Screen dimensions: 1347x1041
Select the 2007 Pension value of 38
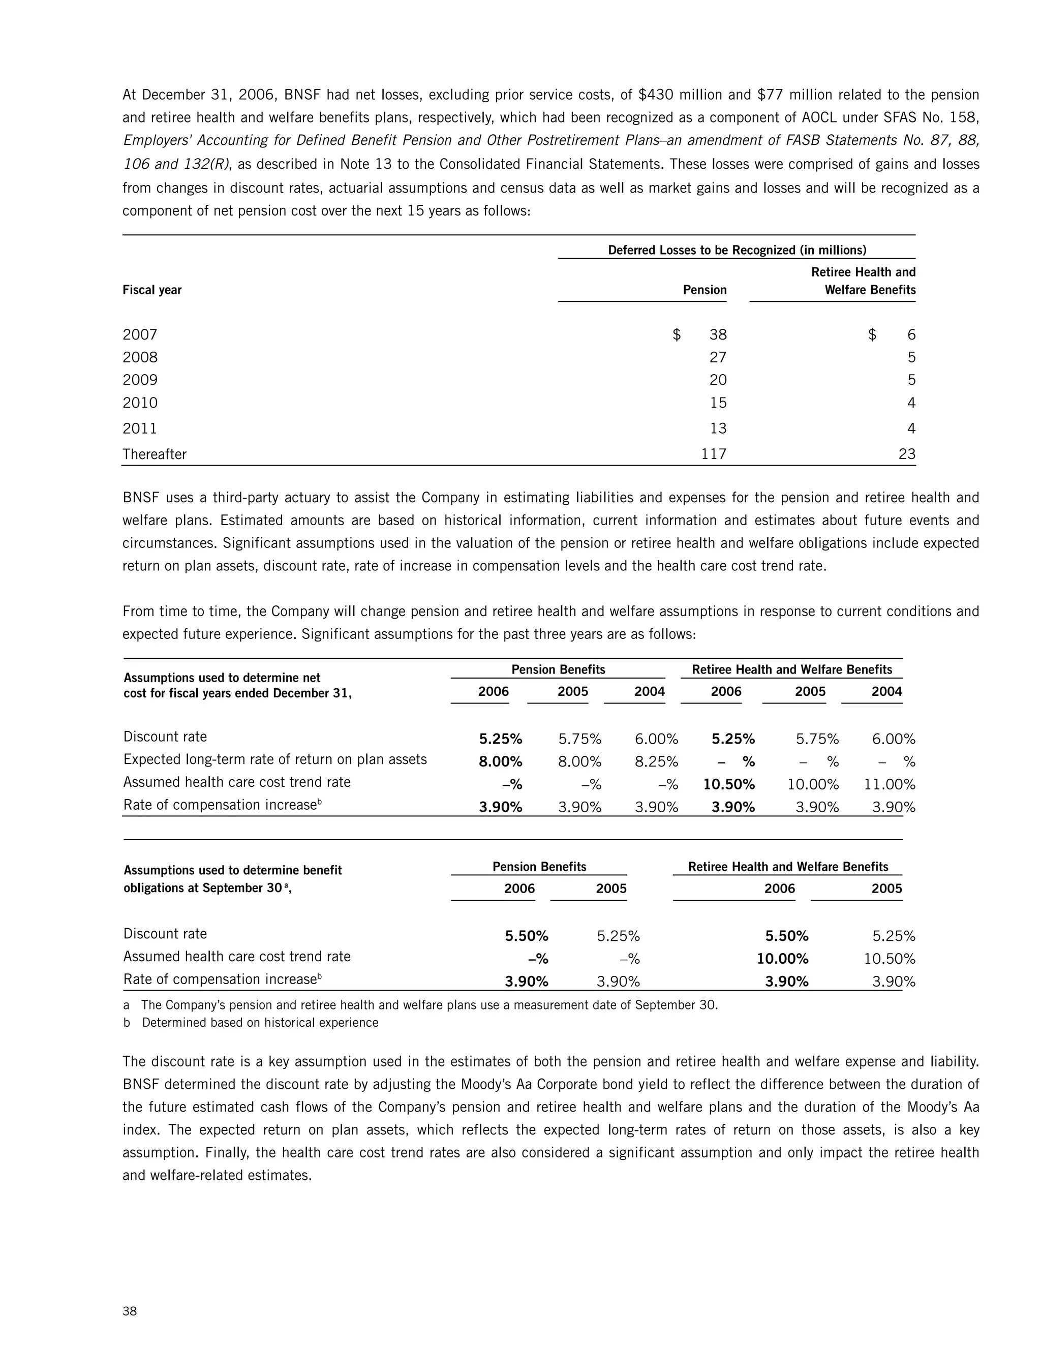tap(717, 335)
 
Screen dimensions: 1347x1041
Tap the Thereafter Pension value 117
tap(714, 454)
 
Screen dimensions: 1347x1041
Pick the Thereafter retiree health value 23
tap(907, 454)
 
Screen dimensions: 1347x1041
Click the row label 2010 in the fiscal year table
tap(140, 404)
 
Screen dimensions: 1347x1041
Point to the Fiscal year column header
tap(151, 290)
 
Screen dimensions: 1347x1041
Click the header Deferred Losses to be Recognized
tap(737, 250)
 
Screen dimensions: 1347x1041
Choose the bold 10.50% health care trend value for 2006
tap(729, 784)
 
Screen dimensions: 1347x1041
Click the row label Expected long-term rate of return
tap(274, 759)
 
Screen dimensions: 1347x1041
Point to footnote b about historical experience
tap(259, 1023)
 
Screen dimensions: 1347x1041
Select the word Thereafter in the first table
tap(154, 454)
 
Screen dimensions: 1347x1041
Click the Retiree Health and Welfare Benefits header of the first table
tap(864, 281)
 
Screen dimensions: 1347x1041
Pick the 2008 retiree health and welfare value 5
tap(911, 358)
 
